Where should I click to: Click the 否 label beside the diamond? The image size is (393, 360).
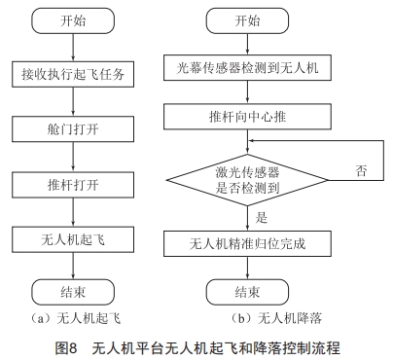[x=361, y=171]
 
